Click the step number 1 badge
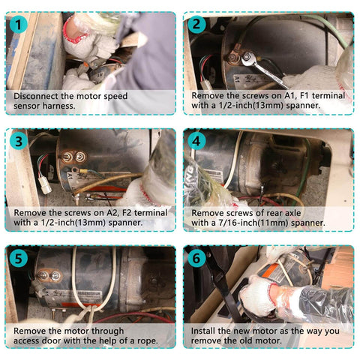(x=18, y=25)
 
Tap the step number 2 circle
(x=196, y=25)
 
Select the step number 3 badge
(x=19, y=142)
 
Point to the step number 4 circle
(x=196, y=142)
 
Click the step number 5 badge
(x=19, y=259)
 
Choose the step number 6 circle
(x=196, y=259)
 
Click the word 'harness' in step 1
(x=58, y=106)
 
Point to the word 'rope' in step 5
(x=147, y=341)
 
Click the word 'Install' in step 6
(x=203, y=331)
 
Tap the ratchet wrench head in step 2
(x=247, y=58)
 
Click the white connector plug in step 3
(x=45, y=186)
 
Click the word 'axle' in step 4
(x=292, y=213)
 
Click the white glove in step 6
(x=256, y=295)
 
